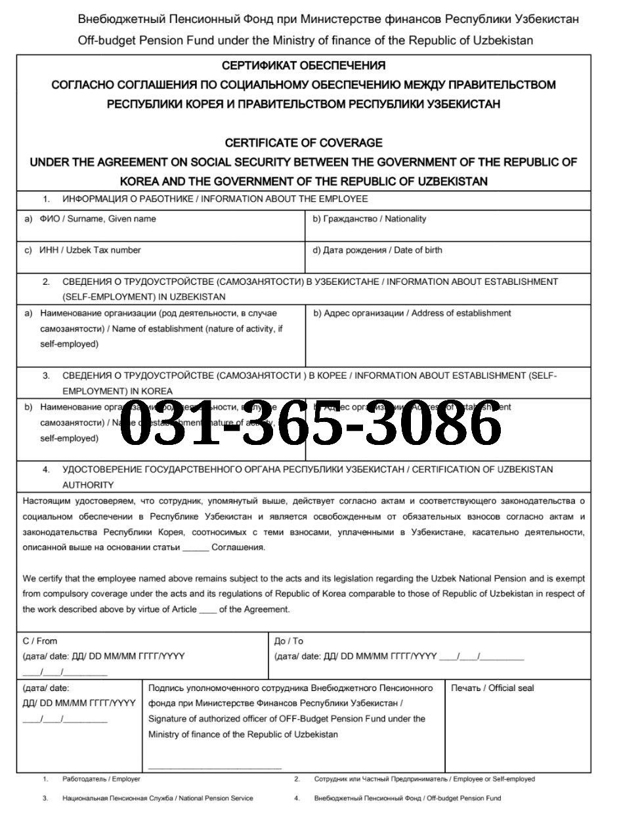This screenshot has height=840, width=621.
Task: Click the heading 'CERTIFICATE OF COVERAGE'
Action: tap(303, 142)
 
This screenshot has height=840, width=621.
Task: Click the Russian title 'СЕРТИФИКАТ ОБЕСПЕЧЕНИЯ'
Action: tap(303, 66)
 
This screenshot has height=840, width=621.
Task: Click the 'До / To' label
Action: tap(289, 640)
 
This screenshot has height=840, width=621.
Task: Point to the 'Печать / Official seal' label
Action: tap(492, 688)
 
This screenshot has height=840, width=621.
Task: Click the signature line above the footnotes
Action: tap(215, 767)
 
